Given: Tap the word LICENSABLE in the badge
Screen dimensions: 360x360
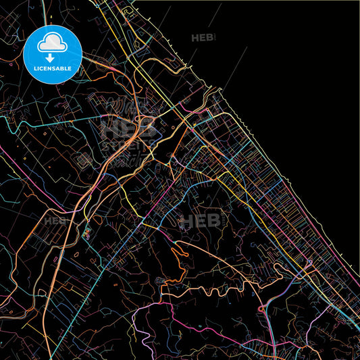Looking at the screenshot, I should [x=53, y=68].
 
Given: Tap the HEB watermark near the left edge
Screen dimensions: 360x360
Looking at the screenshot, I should [x=55, y=220].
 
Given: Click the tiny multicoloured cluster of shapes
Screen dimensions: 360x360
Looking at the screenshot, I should [x=86, y=234].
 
